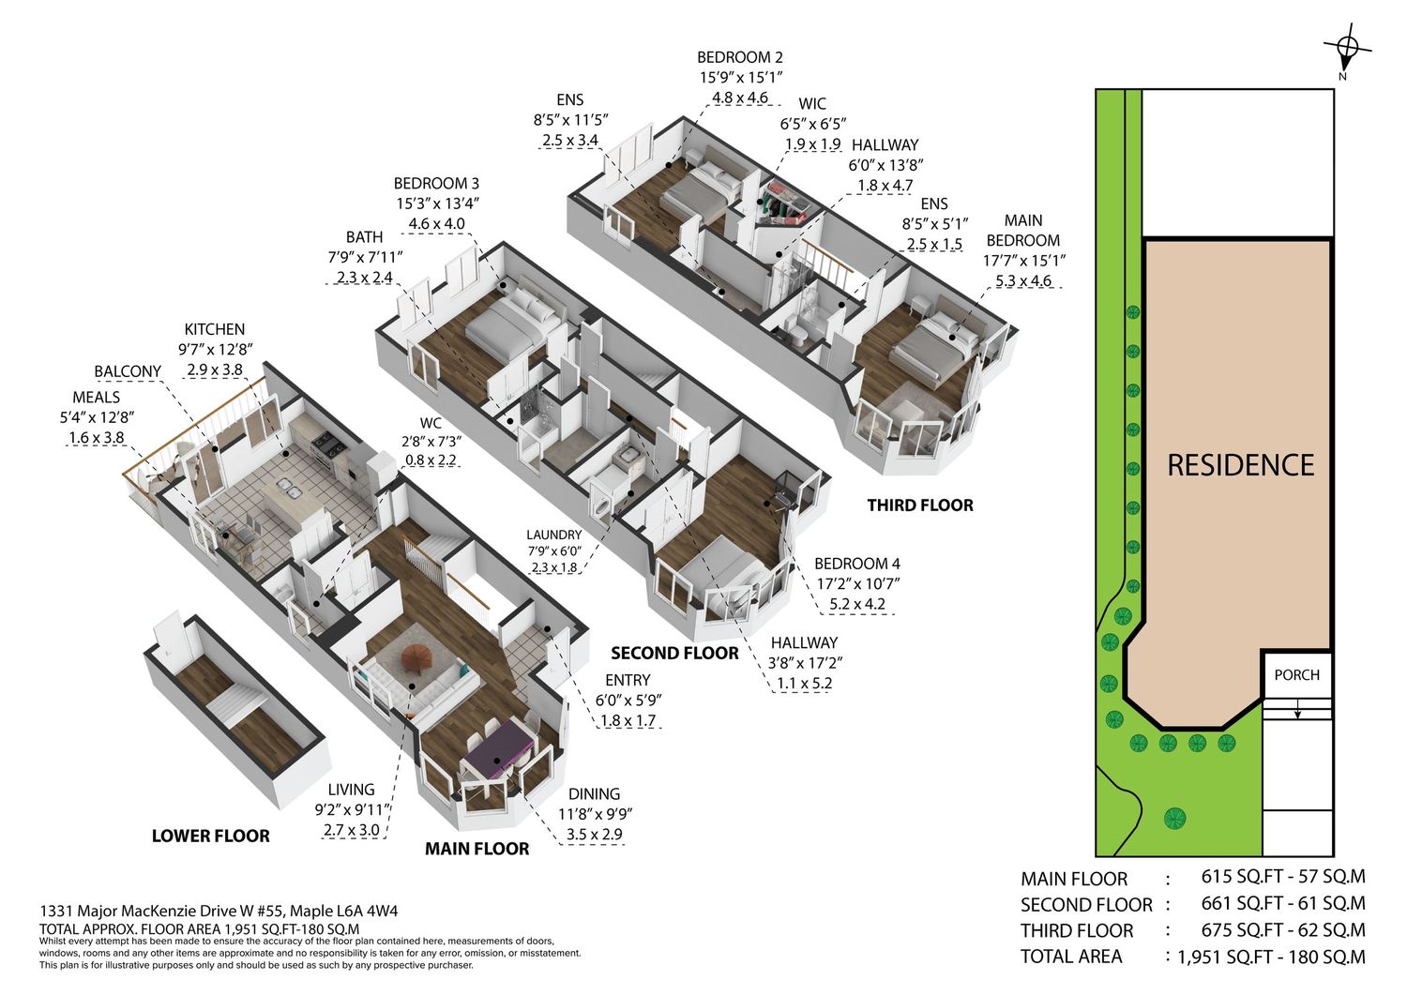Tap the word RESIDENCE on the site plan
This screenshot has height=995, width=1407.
coord(1241,466)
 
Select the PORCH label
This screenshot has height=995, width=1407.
coord(1296,675)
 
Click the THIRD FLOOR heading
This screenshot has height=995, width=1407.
coord(920,505)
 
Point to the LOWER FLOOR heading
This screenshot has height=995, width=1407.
coord(210,836)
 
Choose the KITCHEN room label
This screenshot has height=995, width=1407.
coord(214,329)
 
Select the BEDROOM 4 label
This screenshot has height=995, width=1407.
coord(856,564)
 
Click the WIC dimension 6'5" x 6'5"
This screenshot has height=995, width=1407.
coord(813,124)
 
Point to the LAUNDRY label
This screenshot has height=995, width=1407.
coord(554,535)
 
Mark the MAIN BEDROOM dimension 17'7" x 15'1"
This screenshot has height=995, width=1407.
coord(1024,260)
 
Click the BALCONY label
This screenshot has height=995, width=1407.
coord(128,371)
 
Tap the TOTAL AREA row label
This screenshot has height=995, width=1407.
coord(1071,956)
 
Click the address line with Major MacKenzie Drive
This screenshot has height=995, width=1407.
coord(219,911)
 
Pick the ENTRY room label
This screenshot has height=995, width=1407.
coord(628,680)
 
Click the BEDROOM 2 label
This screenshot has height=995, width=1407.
coord(740,57)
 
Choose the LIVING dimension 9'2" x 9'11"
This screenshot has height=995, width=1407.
coord(353,809)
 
